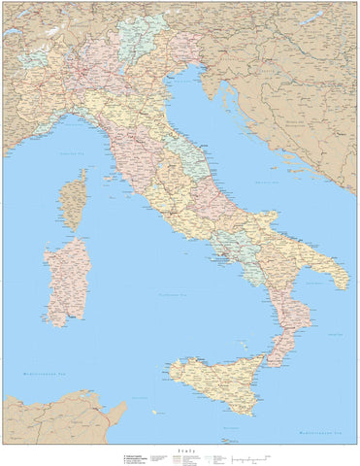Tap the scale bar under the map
pos(244,455)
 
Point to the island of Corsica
pos(74,199)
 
